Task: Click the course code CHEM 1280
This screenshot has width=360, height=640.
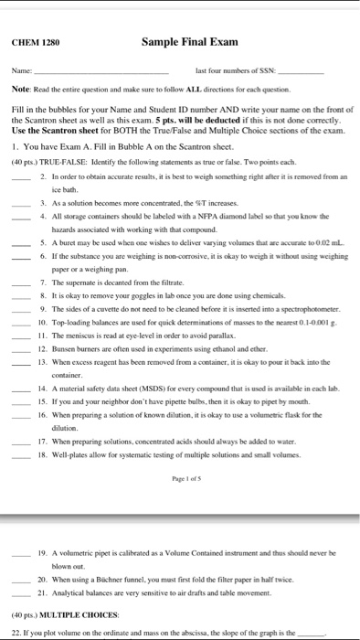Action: (35, 41)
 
